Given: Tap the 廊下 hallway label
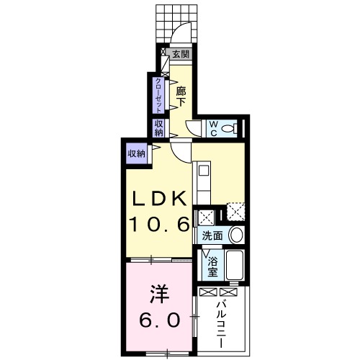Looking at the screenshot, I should point(181,96).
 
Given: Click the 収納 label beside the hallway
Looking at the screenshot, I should point(158,128).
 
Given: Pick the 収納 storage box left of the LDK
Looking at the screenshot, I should point(136,152).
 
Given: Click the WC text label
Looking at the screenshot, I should point(213,127).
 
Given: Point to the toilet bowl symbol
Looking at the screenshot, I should point(229,128).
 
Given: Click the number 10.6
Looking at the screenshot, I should point(158,225).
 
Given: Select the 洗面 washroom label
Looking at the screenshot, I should point(211,235).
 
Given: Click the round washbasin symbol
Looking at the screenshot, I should point(236,235).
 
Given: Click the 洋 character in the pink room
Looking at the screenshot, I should point(159,294).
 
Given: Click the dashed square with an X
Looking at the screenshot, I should point(235,212).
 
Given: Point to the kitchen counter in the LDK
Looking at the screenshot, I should point(202,187).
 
